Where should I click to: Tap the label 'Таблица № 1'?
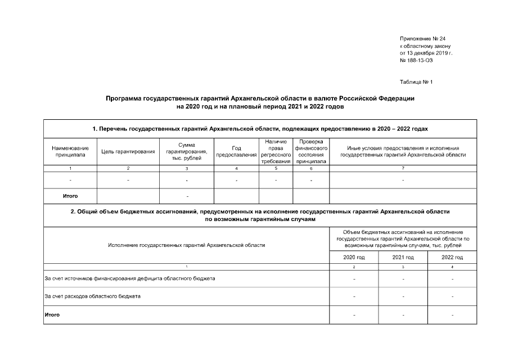416,82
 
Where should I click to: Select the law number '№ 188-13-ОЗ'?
417,60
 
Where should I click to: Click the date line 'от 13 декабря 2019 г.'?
426,53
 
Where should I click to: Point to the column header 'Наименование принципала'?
70,151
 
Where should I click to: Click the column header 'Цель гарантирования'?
128,151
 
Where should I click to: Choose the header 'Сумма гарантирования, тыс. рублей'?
187,151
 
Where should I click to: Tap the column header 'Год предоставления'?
236,151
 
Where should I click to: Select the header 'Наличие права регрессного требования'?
276,151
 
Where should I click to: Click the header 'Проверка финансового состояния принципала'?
311,151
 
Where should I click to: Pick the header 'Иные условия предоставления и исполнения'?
403,148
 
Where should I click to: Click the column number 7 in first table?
403,169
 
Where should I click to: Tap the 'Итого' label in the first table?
70,196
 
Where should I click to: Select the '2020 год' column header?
354,257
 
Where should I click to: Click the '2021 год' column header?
403,257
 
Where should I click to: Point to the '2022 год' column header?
452,257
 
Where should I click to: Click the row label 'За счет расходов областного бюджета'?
93,296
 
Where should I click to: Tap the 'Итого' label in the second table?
52,314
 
